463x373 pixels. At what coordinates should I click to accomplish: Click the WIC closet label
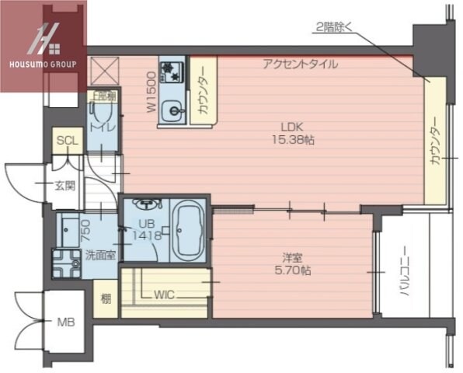[164, 295]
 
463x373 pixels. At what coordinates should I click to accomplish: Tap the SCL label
[66, 141]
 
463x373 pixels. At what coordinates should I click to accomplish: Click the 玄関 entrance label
[64, 185]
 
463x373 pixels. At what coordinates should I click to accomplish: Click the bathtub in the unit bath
[186, 231]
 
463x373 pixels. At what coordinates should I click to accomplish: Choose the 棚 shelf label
[105, 296]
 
